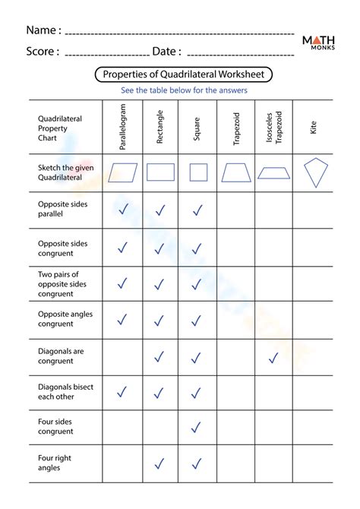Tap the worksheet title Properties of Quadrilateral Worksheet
tap(184, 74)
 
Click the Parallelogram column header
tap(123, 125)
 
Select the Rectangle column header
tap(159, 125)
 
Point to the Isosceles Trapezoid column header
tap(274, 125)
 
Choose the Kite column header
tap(313, 125)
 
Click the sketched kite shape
tap(313, 172)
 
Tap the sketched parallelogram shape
tap(123, 172)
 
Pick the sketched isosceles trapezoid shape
tap(274, 172)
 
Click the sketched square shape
tap(197, 172)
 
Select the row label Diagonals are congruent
tap(61, 356)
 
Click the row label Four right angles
tap(55, 463)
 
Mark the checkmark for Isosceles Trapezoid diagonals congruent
tap(273, 356)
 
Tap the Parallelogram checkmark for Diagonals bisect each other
tap(122, 392)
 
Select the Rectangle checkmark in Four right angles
tap(159, 463)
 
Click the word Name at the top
tap(43, 30)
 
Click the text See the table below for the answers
tap(184, 90)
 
